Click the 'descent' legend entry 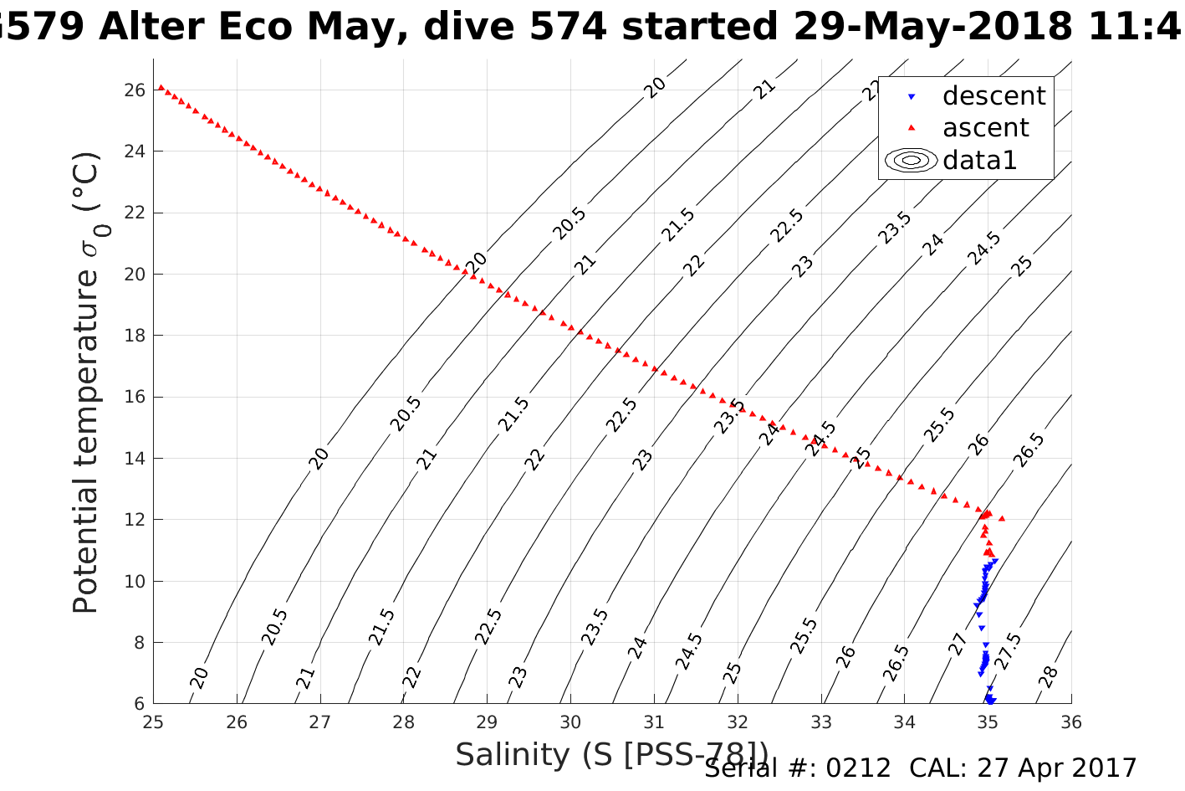click(993, 96)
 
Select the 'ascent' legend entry click(985, 128)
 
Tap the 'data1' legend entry click(979, 160)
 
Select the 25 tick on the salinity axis click(153, 722)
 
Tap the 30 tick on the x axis click(570, 722)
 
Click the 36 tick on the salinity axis click(1071, 722)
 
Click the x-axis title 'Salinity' click(512, 755)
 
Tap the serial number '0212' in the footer click(858, 768)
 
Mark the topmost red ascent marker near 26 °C click(161, 87)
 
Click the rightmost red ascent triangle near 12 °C click(1002, 519)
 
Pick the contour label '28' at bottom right click(1049, 676)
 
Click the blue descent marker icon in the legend click(912, 97)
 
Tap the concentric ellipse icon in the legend click(912, 160)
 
